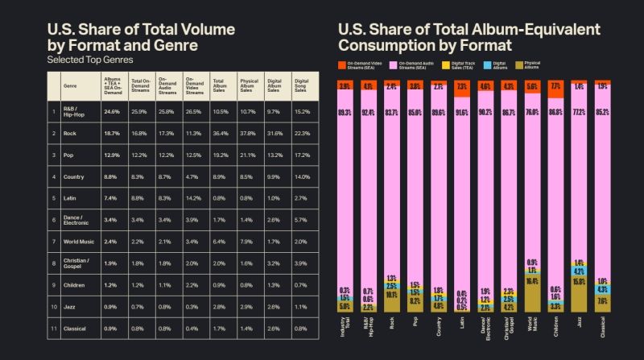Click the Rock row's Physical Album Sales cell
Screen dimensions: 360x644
tap(248, 132)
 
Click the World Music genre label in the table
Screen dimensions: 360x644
tap(81, 240)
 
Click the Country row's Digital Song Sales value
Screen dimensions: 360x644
tap(301, 176)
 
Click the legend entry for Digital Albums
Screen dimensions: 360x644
tap(497, 64)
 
